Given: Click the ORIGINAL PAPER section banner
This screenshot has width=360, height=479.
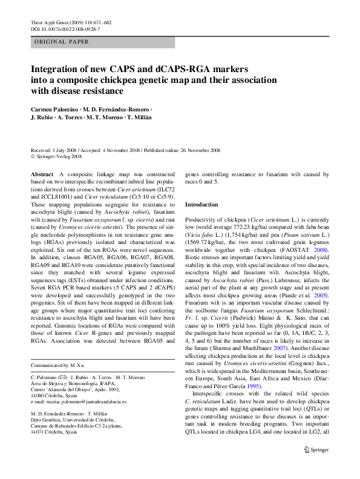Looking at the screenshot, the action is pos(61,42).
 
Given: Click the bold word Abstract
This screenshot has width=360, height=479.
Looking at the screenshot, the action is pos(41,174).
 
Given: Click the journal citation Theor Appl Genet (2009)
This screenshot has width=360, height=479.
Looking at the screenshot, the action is pos(51,22).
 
